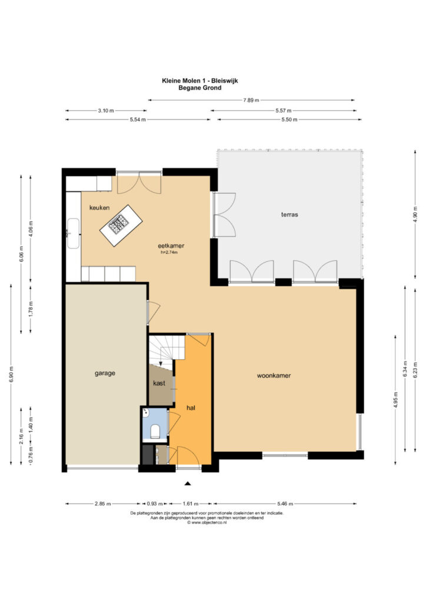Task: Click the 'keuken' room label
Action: pyautogui.click(x=99, y=208)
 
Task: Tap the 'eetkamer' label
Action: pyautogui.click(x=171, y=246)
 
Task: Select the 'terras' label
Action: pyautogui.click(x=289, y=214)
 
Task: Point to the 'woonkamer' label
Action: pyautogui.click(x=274, y=375)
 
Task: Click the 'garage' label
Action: pyautogui.click(x=105, y=373)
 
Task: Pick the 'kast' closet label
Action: pyautogui.click(x=159, y=383)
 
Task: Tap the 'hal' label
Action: pyautogui.click(x=191, y=407)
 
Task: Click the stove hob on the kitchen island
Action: pyautogui.click(x=119, y=223)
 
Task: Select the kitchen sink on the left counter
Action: pyautogui.click(x=73, y=233)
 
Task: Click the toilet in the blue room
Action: pyautogui.click(x=155, y=431)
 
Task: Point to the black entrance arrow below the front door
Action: pyautogui.click(x=188, y=484)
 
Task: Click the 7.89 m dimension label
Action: pyautogui.click(x=251, y=100)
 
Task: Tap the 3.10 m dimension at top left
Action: pyautogui.click(x=106, y=111)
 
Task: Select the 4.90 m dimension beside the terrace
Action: pyautogui.click(x=415, y=214)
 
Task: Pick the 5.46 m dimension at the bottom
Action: pyautogui.click(x=285, y=503)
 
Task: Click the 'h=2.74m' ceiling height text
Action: pyautogui.click(x=169, y=253)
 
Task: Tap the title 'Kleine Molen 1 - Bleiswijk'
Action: pyautogui.click(x=199, y=81)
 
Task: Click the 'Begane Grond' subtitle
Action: pyautogui.click(x=199, y=88)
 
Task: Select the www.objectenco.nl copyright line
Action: pyautogui.click(x=207, y=523)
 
